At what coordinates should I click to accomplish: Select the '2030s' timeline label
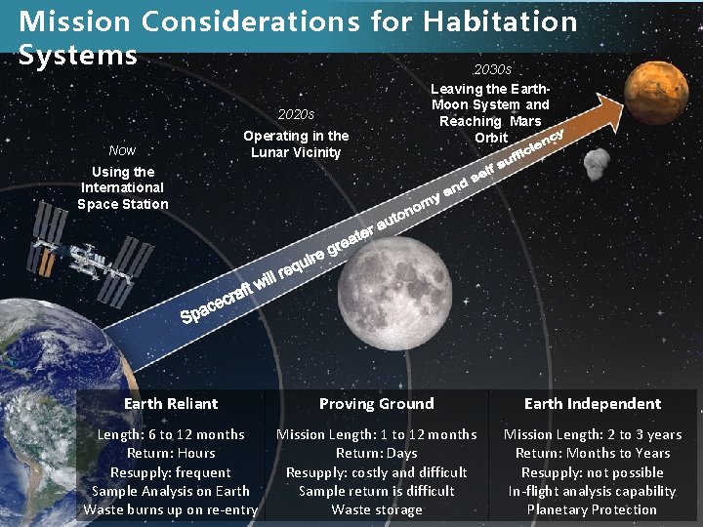point(492,70)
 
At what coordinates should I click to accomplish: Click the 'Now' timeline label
point(123,150)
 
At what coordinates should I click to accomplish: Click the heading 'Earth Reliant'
point(171,404)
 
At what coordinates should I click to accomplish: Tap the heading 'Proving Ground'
point(377,404)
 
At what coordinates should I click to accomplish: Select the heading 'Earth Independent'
point(593,404)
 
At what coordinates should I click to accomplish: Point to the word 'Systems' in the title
point(78,55)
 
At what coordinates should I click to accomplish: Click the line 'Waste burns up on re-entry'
point(171,509)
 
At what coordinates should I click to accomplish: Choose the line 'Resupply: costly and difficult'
point(377,472)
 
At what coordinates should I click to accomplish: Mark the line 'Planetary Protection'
point(592,509)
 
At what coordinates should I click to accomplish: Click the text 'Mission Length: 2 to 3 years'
point(593,434)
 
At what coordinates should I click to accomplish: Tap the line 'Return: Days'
point(377,453)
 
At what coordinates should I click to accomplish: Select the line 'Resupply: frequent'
point(171,472)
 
